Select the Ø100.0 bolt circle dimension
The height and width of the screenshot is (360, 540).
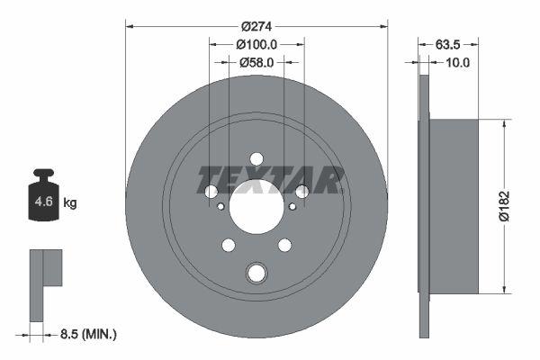[256, 44]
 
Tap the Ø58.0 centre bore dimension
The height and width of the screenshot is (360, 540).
[256, 62]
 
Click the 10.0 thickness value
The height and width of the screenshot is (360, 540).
[458, 62]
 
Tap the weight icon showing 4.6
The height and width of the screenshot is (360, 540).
[42, 201]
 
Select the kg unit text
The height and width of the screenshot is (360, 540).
[70, 203]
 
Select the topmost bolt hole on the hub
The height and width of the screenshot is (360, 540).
[256, 159]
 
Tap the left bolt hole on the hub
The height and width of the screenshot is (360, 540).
[211, 192]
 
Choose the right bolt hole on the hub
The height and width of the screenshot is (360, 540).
[301, 191]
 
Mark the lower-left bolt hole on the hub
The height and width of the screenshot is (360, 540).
[229, 245]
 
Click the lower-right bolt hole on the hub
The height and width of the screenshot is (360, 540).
[284, 245]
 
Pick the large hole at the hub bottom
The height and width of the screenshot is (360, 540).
[256, 273]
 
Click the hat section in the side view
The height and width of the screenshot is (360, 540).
[454, 205]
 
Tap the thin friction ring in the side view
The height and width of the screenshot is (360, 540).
[425, 205]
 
